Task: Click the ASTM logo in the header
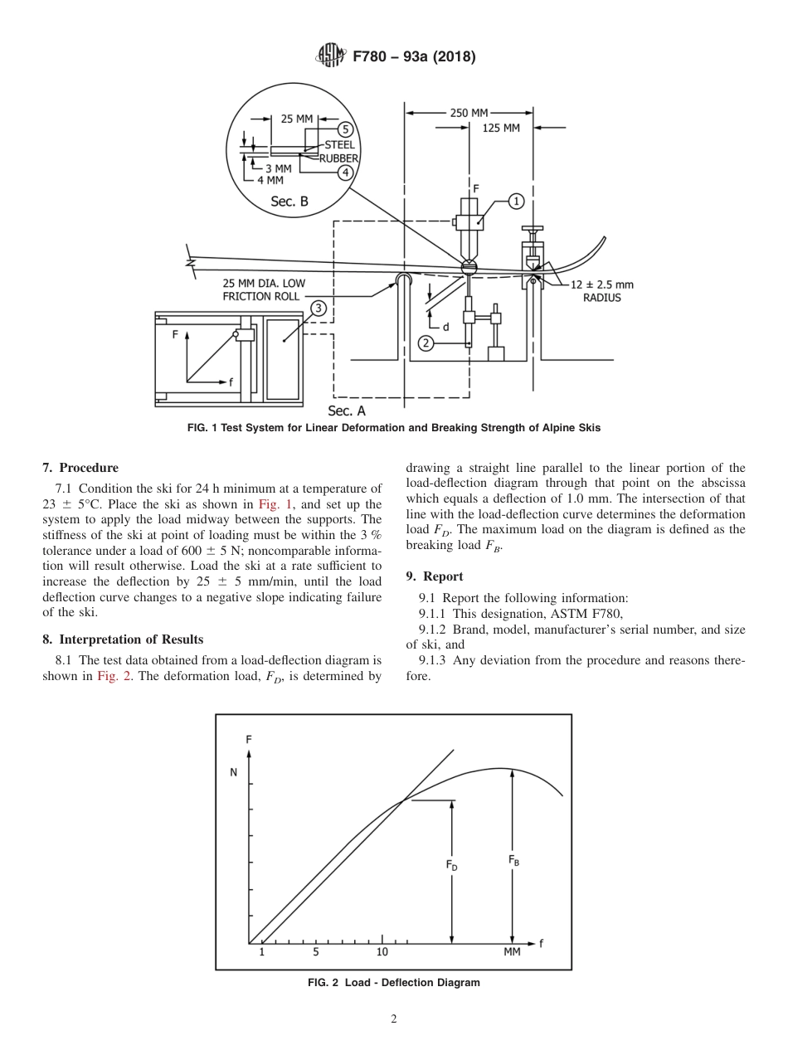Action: [x=330, y=56]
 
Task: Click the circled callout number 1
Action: [x=516, y=200]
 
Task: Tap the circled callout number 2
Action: [x=426, y=343]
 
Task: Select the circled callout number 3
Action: [x=318, y=308]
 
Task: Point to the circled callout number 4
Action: [x=345, y=172]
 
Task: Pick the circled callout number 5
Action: [x=345, y=129]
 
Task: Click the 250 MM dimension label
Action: [x=469, y=113]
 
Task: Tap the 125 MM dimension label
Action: [x=501, y=129]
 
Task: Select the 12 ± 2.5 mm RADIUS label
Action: [x=601, y=291]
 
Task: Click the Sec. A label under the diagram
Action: [x=347, y=411]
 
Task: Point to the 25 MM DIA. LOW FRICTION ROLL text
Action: [x=264, y=289]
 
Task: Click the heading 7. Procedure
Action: [x=80, y=468]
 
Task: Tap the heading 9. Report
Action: [x=434, y=576]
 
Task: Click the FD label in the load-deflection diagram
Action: [x=451, y=865]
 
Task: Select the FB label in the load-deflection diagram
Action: [x=513, y=861]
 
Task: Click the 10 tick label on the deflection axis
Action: [x=382, y=952]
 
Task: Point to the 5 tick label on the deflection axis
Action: [x=315, y=952]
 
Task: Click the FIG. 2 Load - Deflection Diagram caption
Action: [x=393, y=982]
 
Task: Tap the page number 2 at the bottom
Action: [x=394, y=1019]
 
